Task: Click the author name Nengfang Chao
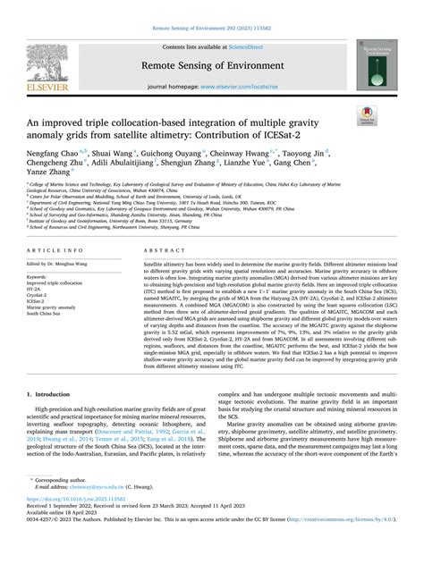click(55, 152)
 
